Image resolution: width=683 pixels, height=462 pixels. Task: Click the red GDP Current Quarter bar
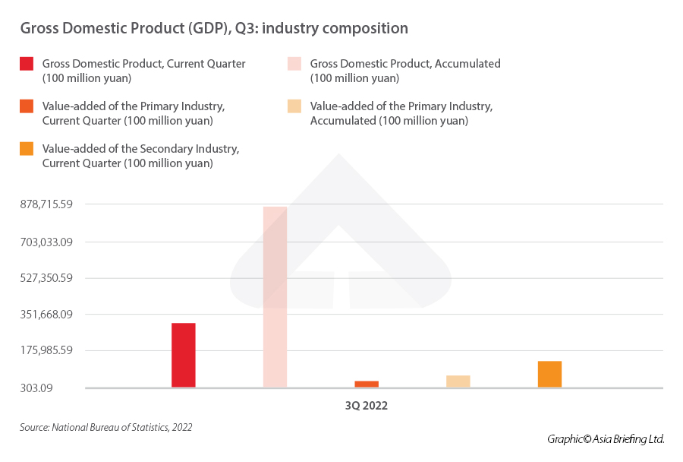click(x=184, y=355)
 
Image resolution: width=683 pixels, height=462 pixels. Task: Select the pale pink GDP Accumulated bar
click(x=275, y=296)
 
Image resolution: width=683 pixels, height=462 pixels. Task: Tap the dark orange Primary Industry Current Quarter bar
click(x=367, y=384)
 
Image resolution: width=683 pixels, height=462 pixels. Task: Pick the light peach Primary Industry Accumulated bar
click(x=458, y=381)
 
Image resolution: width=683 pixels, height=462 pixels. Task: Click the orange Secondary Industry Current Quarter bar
click(x=549, y=374)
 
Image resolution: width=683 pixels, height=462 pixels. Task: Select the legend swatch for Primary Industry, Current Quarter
click(x=27, y=106)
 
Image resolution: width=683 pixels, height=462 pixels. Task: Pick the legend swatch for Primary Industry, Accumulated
click(x=294, y=106)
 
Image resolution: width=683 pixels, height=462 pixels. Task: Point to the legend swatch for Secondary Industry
click(x=27, y=149)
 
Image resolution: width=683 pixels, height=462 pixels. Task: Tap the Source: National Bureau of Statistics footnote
click(x=105, y=427)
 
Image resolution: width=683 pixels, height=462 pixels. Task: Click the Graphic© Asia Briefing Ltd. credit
click(x=606, y=439)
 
